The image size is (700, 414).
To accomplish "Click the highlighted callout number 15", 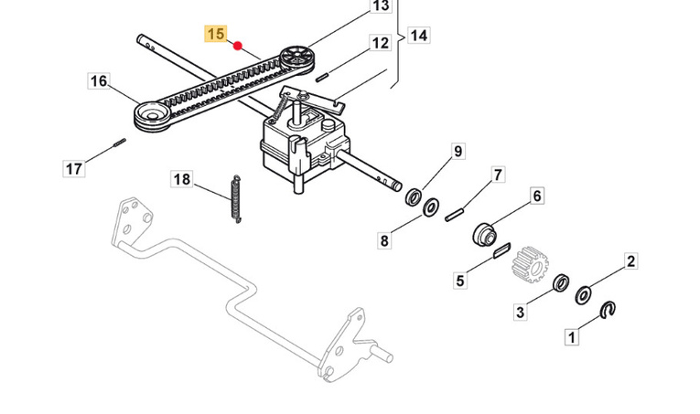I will pyautogui.click(x=216, y=35).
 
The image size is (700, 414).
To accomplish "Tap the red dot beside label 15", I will pyautogui.click(x=237, y=46).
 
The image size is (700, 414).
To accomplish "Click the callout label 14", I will pyautogui.click(x=418, y=36).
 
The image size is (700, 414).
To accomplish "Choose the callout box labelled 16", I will pyautogui.click(x=99, y=81).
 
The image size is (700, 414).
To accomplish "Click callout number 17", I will pyautogui.click(x=75, y=168).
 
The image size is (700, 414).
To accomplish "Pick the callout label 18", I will pyautogui.click(x=182, y=180).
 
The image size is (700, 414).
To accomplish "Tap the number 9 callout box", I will pyautogui.click(x=458, y=151).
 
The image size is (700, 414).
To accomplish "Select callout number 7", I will pyautogui.click(x=498, y=175).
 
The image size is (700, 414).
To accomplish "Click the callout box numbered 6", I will pyautogui.click(x=536, y=196).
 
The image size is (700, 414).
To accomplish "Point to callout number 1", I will pyautogui.click(x=572, y=336).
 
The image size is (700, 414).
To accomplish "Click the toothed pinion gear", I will pyautogui.click(x=531, y=263).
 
